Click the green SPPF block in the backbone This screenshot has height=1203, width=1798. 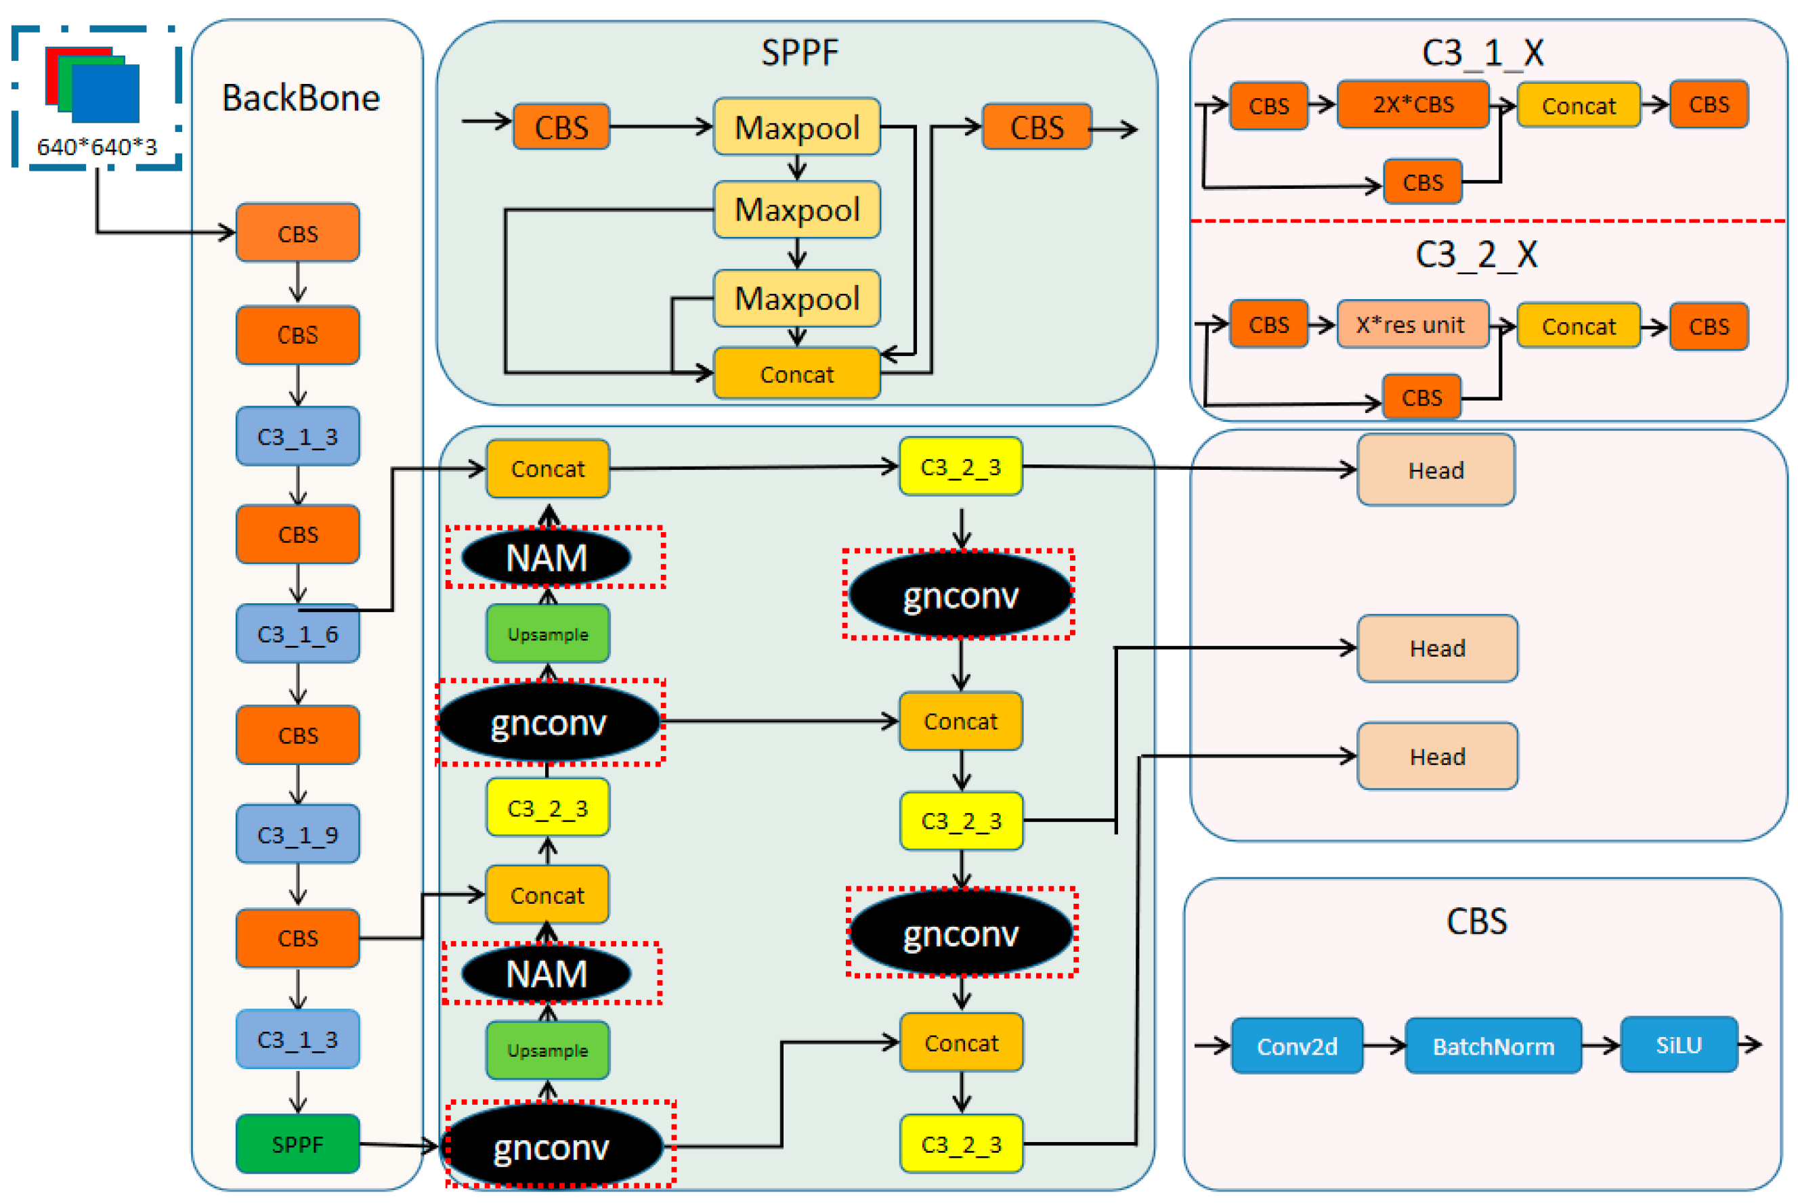tap(298, 1144)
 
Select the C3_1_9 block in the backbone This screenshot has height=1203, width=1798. tap(298, 834)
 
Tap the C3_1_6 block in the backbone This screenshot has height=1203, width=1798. tap(298, 634)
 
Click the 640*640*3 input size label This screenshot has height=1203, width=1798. tap(97, 146)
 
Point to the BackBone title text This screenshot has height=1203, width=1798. tap(301, 98)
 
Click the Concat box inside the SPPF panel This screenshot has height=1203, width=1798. tap(796, 374)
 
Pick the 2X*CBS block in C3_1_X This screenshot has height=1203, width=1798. tap(1413, 104)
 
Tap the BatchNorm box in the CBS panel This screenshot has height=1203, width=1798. tap(1493, 1046)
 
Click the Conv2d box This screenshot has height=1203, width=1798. tap(1297, 1046)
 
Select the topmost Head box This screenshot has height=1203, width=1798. tap(1436, 470)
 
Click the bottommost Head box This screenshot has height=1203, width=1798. tap(1437, 756)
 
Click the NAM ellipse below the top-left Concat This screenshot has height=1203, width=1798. tap(547, 558)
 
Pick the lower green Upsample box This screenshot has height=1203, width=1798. tap(547, 1050)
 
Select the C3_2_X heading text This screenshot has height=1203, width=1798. tap(1476, 254)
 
